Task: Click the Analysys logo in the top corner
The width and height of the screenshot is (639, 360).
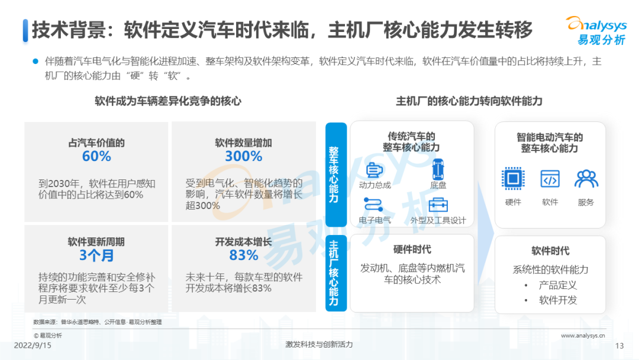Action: tap(596, 30)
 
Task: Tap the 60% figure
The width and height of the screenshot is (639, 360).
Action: tap(96, 156)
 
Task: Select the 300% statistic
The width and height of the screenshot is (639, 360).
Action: tap(243, 156)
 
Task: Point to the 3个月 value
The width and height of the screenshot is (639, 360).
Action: tap(96, 256)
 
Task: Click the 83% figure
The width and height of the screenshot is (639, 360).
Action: tap(243, 256)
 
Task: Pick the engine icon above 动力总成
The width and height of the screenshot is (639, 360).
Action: tap(374, 170)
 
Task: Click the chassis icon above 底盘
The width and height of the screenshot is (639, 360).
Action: tap(437, 169)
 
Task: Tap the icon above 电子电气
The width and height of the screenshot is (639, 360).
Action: tap(374, 205)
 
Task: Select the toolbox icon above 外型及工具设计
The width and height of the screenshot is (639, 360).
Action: tap(438, 205)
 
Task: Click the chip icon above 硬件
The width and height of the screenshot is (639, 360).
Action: tap(513, 178)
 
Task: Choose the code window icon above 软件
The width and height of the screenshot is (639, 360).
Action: tap(550, 178)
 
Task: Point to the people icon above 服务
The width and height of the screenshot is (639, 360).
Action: tap(586, 178)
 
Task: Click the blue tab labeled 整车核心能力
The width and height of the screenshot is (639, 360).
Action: tap(335, 175)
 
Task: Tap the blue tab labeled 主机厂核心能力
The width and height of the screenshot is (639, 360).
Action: tap(335, 272)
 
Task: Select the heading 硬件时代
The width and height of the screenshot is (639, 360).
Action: tap(412, 250)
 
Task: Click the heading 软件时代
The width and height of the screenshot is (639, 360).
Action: tap(550, 250)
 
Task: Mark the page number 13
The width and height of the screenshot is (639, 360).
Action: tap(620, 346)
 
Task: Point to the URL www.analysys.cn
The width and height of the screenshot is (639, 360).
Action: tap(583, 335)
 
